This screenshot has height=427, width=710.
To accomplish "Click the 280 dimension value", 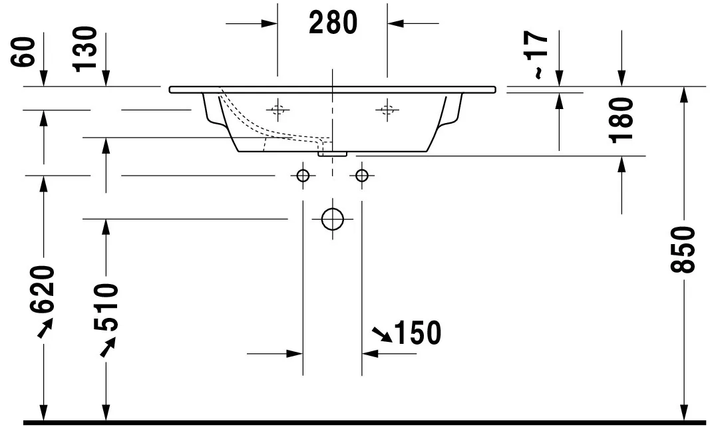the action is point(333,23).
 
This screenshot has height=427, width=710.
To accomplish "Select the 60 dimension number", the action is point(23,52).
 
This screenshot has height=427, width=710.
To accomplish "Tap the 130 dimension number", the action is point(85,49).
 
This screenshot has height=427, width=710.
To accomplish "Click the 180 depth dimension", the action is point(621,120).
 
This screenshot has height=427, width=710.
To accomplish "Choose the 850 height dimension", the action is point(682,249).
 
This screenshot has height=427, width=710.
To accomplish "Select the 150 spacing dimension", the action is point(418,333).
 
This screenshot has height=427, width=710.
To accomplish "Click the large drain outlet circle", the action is point(333,209).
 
